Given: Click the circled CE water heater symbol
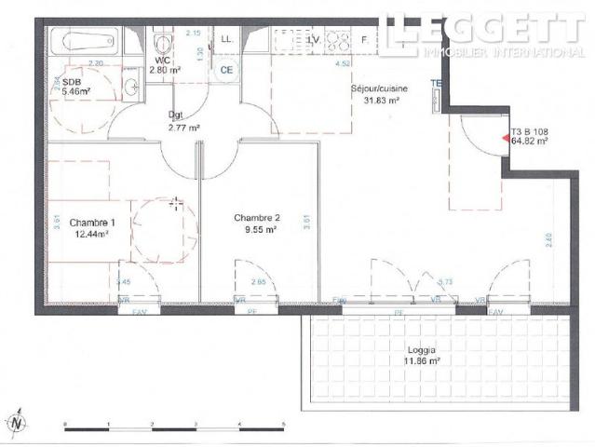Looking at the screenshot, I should (x=225, y=68).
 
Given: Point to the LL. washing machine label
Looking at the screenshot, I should (x=226, y=38).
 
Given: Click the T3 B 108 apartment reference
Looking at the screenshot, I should (x=529, y=131).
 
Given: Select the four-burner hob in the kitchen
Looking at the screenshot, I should (x=336, y=40).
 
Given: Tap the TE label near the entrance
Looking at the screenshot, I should (x=434, y=83).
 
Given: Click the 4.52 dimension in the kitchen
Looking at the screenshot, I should (x=342, y=64).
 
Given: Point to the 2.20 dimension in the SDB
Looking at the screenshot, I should (x=95, y=63).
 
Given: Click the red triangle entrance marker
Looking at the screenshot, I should (x=506, y=138).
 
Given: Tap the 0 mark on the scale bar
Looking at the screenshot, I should (x=65, y=423).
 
